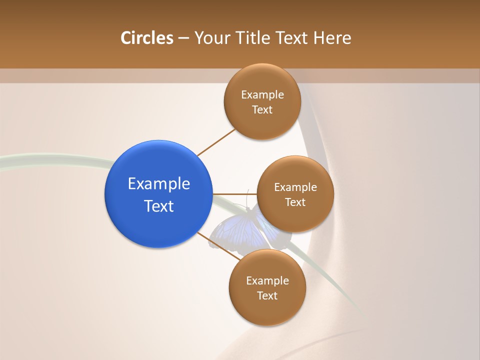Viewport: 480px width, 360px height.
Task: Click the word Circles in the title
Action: pyautogui.click(x=147, y=38)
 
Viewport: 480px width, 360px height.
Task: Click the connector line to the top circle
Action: pyautogui.click(x=216, y=142)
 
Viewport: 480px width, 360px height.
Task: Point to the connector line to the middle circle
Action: pyautogui.click(x=234, y=194)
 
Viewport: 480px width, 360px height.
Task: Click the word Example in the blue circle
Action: pyautogui.click(x=159, y=184)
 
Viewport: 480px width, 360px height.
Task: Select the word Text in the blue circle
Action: pyautogui.click(x=159, y=206)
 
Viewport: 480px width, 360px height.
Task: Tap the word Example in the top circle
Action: pyautogui.click(x=262, y=94)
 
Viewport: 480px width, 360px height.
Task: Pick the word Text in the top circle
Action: pyautogui.click(x=262, y=109)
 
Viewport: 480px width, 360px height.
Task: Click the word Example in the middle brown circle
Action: pyautogui.click(x=295, y=187)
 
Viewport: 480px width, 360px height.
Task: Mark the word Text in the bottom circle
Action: pyautogui.click(x=267, y=295)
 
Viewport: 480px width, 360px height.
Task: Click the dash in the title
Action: pyautogui.click(x=183, y=38)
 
